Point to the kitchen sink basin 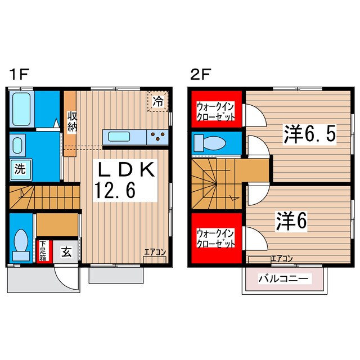coord(119,136)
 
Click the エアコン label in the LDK coord(155,252)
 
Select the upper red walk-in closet coord(216,108)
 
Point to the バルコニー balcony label coord(283,278)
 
